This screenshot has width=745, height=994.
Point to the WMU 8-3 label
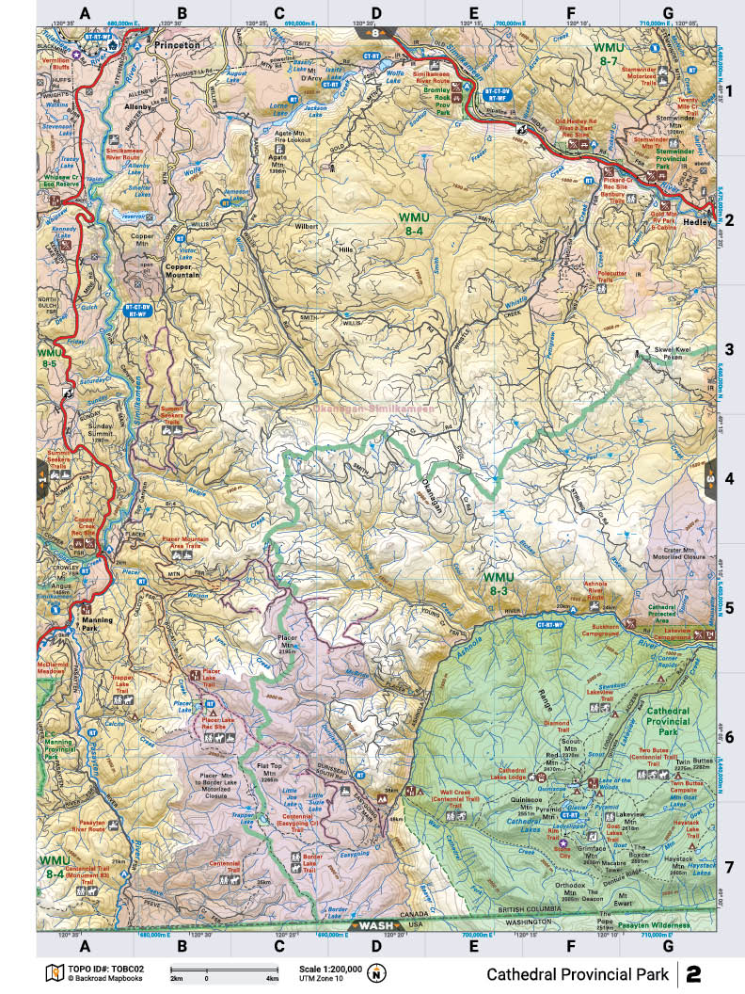click(500, 583)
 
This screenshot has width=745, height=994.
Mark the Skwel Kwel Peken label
click(672, 353)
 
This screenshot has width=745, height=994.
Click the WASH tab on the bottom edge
click(372, 925)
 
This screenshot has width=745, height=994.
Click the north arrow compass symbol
click(378, 972)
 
